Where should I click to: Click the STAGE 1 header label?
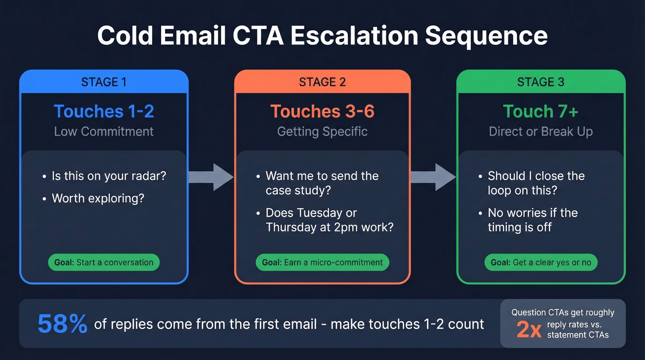click(x=104, y=82)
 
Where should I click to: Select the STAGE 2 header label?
click(x=322, y=82)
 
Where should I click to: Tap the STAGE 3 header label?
click(x=540, y=82)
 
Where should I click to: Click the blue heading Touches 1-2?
click(x=104, y=112)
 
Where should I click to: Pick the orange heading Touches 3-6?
click(x=322, y=112)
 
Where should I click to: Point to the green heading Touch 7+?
click(x=540, y=112)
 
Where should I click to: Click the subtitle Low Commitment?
click(x=104, y=131)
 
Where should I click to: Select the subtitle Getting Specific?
click(x=322, y=131)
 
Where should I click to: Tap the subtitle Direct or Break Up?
click(x=540, y=131)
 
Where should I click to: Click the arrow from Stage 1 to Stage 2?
click(x=211, y=177)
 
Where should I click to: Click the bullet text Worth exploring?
click(x=98, y=198)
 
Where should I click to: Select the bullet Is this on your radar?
click(x=109, y=176)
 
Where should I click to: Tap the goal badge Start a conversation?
click(x=104, y=262)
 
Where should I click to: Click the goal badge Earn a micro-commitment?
click(x=322, y=262)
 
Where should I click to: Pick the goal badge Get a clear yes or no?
click(x=540, y=262)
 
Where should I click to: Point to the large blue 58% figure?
click(x=62, y=324)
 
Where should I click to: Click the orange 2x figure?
click(x=528, y=330)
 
